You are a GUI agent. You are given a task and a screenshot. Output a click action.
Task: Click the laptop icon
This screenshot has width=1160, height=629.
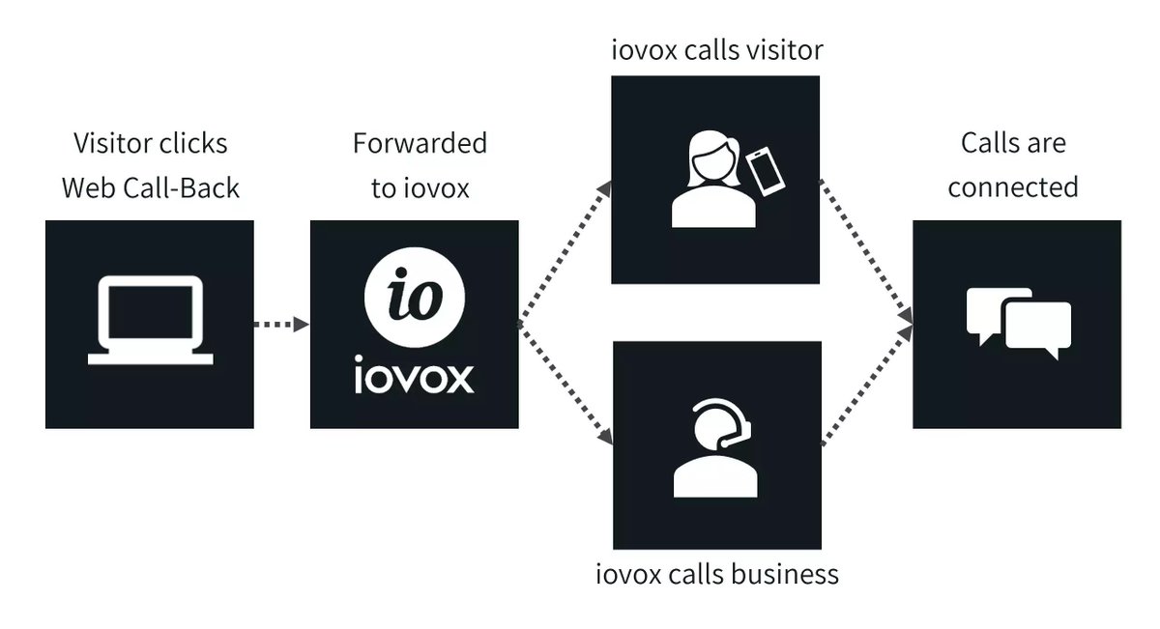click(150, 322)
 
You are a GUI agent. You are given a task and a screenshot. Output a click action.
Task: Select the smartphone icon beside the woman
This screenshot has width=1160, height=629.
click(763, 171)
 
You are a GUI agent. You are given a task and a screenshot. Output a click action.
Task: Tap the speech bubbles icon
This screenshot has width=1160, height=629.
click(1018, 323)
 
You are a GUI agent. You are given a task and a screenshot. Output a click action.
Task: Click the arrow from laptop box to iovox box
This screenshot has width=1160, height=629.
click(281, 325)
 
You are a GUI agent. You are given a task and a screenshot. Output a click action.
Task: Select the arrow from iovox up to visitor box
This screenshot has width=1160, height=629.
click(566, 253)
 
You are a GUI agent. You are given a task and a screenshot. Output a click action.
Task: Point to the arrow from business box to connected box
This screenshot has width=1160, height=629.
click(866, 386)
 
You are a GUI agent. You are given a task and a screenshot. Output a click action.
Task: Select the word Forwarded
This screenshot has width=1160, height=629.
click(419, 144)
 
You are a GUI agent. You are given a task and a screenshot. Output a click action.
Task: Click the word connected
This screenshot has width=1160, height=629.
click(1012, 186)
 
